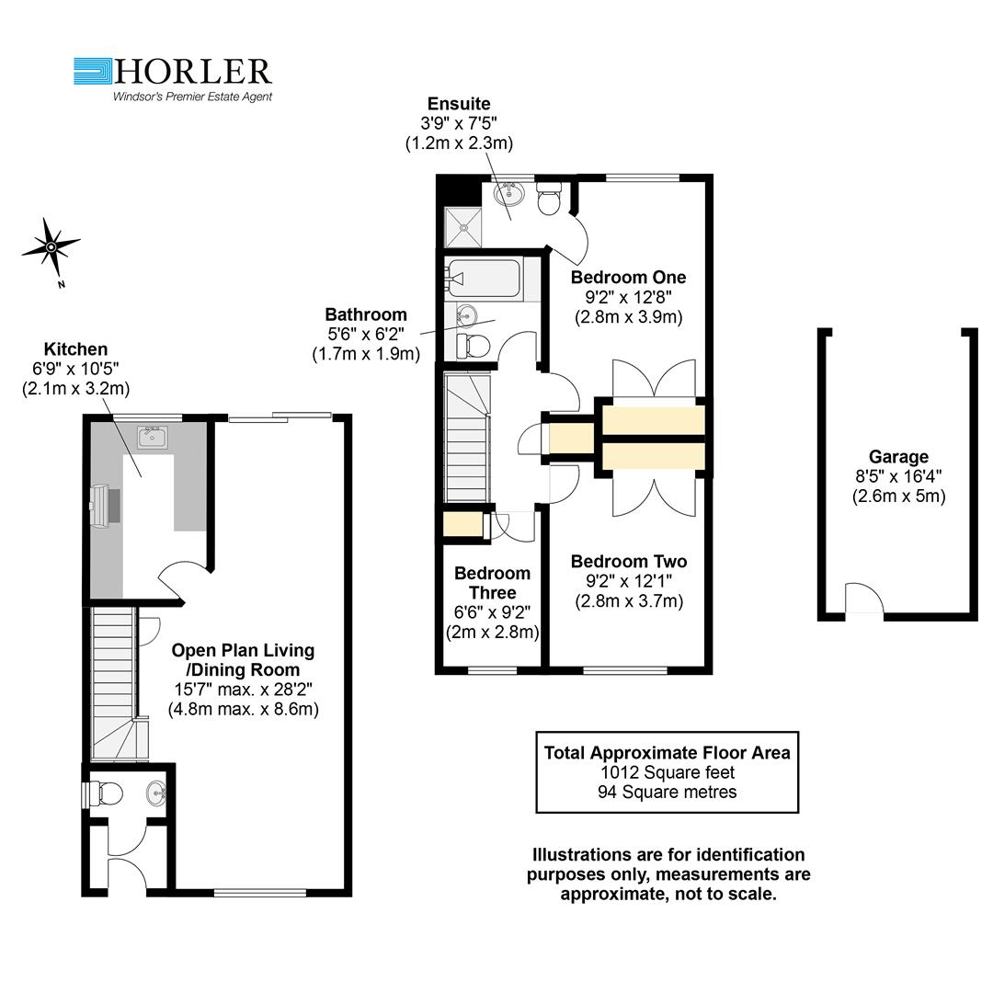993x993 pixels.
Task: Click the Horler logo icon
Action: pos(92,72)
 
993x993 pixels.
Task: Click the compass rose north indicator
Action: pos(51,246)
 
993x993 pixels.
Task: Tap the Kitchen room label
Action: pos(75,349)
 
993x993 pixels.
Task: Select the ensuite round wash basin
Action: pos(507,194)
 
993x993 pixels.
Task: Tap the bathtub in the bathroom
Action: pos(484,278)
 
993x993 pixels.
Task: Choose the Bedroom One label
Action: pos(628,277)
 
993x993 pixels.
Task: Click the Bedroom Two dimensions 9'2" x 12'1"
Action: pos(628,581)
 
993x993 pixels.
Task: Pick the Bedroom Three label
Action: pos(492,583)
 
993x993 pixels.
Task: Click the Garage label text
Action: pos(898,457)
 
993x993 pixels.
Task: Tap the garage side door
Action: pos(864,599)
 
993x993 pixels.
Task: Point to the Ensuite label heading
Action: pos(459,104)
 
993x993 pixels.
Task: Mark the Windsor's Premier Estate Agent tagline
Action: pos(192,96)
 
